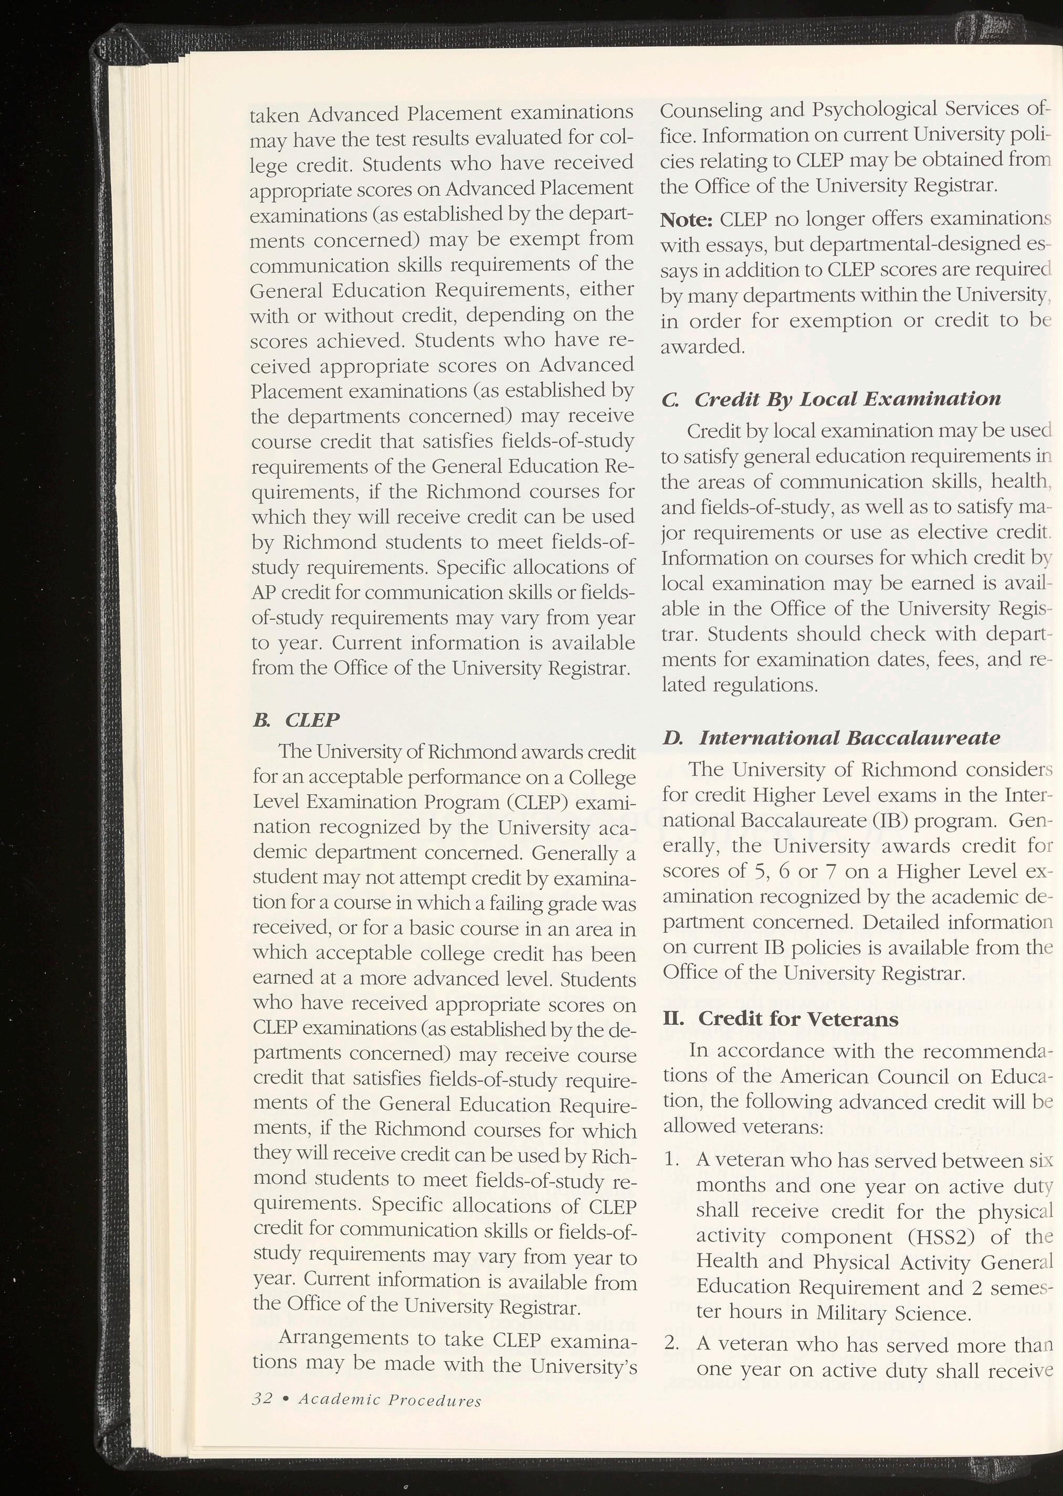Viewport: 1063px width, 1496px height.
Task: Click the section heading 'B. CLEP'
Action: tap(296, 721)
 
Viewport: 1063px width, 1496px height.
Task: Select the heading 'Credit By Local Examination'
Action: tap(847, 399)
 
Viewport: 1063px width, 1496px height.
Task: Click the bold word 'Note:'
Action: tap(686, 220)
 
